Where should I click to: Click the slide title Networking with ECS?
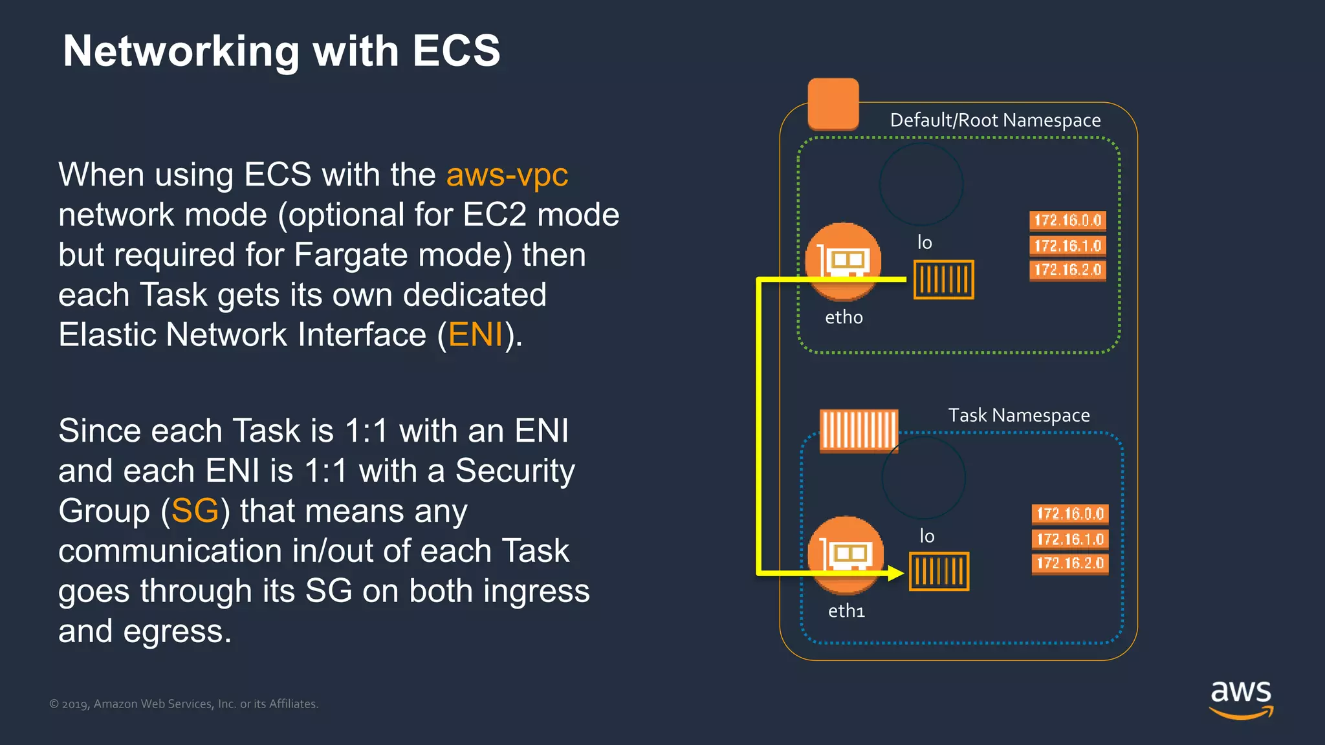click(281, 51)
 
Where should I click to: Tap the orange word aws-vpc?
click(507, 175)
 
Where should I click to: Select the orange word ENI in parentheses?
click(476, 335)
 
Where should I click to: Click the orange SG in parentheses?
click(195, 511)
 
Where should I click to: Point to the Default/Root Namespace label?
click(995, 120)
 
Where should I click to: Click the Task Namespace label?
click(1019, 415)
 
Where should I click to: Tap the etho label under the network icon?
click(844, 318)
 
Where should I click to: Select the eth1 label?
click(846, 611)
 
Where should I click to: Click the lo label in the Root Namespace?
click(925, 243)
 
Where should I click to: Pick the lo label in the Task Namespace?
click(927, 536)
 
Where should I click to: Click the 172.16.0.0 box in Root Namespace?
click(1068, 221)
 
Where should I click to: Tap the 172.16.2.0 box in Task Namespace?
click(1070, 563)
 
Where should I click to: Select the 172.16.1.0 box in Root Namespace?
click(1068, 246)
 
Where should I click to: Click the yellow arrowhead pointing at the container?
click(895, 573)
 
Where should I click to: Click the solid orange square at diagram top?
click(833, 104)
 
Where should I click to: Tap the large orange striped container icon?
click(859, 430)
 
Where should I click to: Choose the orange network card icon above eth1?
click(846, 554)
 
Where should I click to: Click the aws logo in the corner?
click(1241, 698)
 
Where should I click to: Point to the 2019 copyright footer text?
click(184, 704)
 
